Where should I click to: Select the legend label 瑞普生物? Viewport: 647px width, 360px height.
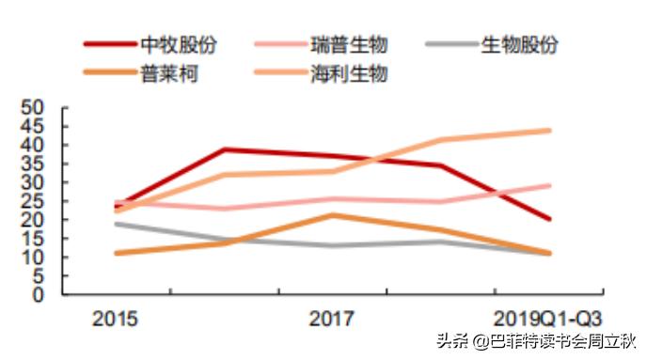click(348, 44)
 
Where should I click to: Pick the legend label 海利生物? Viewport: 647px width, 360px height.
click(348, 72)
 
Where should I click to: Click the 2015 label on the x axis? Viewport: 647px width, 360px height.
click(115, 319)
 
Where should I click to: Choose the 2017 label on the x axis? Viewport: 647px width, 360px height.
click(332, 319)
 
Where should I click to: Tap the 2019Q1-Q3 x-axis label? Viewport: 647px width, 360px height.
click(548, 319)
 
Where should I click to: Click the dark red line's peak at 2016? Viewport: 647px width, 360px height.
click(224, 149)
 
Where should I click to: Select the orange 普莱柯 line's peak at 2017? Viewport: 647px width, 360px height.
click(332, 215)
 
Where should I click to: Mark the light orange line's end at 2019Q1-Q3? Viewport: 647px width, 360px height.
click(549, 131)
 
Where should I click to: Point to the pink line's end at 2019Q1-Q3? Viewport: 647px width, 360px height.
click(549, 185)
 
